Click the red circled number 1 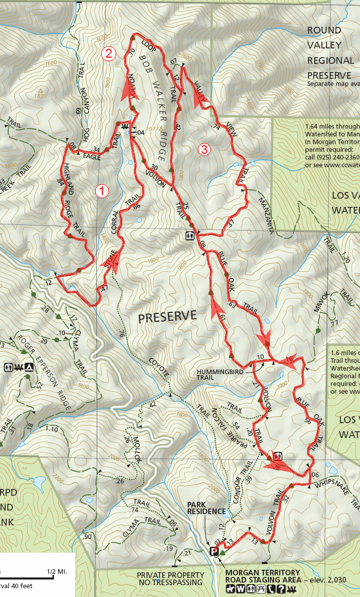click(102, 191)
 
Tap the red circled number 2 click(109, 53)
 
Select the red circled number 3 click(204, 150)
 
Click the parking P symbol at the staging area click(214, 552)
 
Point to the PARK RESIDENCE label click(206, 508)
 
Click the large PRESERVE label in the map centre click(167, 317)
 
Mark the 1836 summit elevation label click(40, 96)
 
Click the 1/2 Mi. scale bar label click(57, 572)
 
